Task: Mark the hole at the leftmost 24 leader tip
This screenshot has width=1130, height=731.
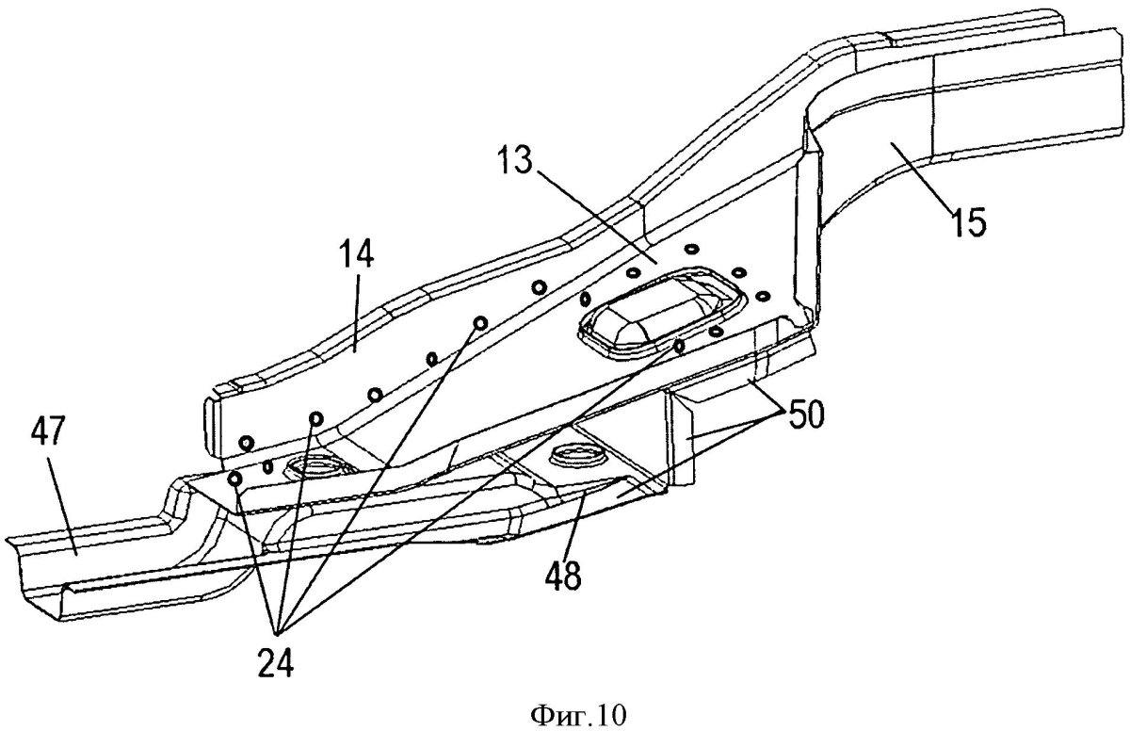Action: point(235,479)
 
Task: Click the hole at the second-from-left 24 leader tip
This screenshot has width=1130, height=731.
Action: point(315,417)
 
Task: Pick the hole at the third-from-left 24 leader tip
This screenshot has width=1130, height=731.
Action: point(480,323)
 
